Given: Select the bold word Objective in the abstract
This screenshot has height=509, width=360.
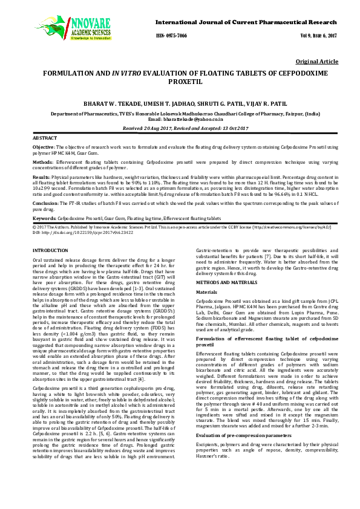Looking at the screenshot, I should (43, 147).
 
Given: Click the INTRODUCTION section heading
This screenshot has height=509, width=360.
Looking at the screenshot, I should (50, 250).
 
